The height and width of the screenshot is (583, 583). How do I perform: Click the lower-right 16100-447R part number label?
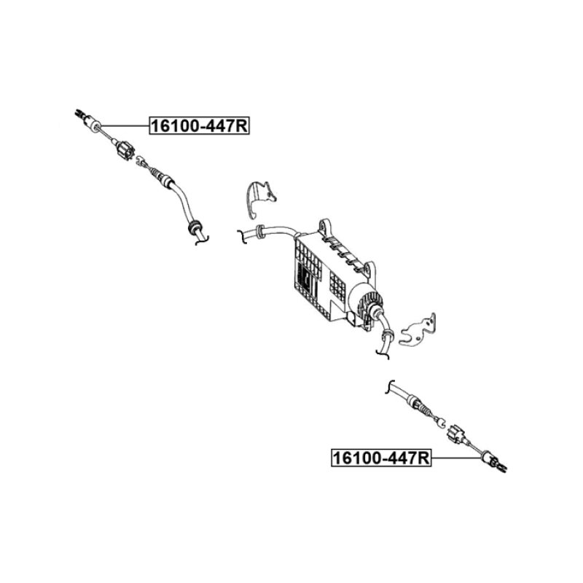click(381, 458)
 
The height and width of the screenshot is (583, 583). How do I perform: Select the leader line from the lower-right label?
click(459, 458)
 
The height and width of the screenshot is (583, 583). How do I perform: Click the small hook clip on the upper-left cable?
click(141, 163)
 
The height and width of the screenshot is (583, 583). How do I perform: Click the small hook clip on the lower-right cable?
click(442, 420)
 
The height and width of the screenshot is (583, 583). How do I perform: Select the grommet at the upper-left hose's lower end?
click(195, 227)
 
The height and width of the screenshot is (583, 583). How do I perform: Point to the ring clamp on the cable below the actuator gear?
click(386, 336)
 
